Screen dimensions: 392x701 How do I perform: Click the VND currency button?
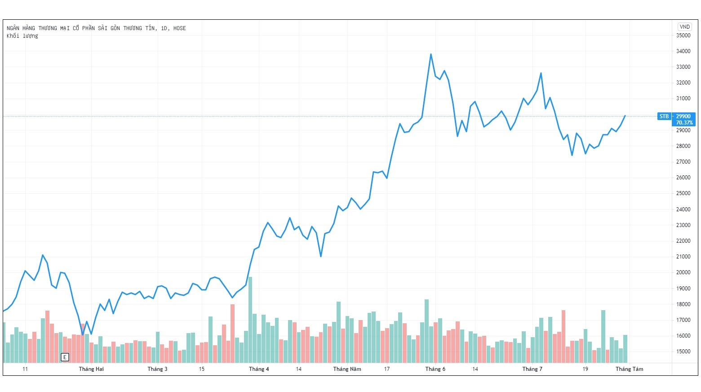point(684,27)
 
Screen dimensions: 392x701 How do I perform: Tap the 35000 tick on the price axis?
point(683,36)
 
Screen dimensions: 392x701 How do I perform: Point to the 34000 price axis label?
point(683,51)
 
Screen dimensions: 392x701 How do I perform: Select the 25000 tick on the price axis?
point(683,193)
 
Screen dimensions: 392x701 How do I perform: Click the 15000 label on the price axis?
point(683,352)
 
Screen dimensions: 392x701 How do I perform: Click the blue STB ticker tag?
point(664,116)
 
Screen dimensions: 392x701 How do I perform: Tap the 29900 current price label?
point(683,116)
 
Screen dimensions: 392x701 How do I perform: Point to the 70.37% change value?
point(684,123)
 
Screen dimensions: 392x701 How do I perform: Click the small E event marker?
point(65,357)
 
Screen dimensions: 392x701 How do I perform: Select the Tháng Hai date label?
point(91,369)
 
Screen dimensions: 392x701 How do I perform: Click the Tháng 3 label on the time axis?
point(157,369)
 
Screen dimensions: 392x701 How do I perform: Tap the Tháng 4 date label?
point(259,369)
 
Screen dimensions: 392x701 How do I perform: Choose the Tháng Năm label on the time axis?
point(347,369)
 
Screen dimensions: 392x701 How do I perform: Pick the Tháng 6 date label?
point(435,369)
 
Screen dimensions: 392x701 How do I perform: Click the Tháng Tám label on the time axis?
point(629,369)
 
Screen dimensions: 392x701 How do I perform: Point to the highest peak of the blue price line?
point(431,54)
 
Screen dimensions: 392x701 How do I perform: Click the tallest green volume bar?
point(250,319)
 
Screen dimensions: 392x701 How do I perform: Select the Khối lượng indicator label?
point(22,36)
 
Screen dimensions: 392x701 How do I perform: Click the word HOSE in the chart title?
point(179,28)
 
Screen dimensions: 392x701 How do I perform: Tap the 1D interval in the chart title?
point(164,28)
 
